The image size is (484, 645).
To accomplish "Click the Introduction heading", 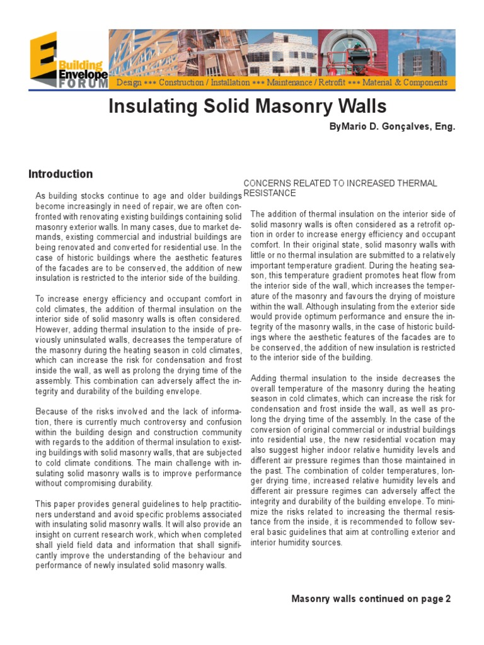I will coord(60,174).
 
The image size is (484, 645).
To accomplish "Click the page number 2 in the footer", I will coord(448,598).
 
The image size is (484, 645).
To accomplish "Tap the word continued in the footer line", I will coord(384,598).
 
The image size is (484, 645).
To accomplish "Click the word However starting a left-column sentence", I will coord(53,329).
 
